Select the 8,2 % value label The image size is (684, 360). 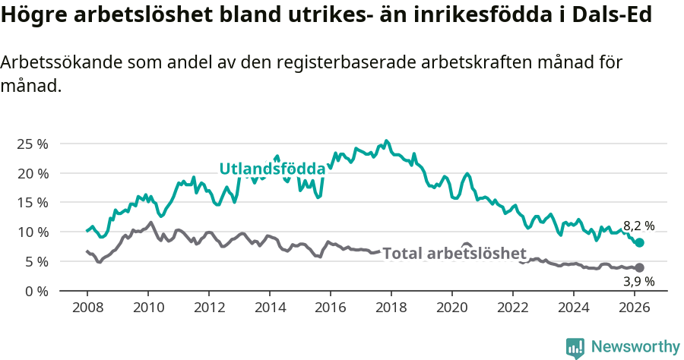coord(638,226)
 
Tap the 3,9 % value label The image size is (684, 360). coord(638,281)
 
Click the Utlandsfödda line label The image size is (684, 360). coord(272,169)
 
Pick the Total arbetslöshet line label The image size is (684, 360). coord(454,253)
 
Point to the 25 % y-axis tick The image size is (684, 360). coord(33,144)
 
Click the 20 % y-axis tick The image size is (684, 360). coord(33,173)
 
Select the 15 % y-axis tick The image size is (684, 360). coord(33,203)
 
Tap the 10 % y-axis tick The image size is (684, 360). coord(33,232)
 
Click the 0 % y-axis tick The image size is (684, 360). coord(36,291)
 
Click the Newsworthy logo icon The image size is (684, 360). coord(575,348)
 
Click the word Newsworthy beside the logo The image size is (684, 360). coord(635,347)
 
